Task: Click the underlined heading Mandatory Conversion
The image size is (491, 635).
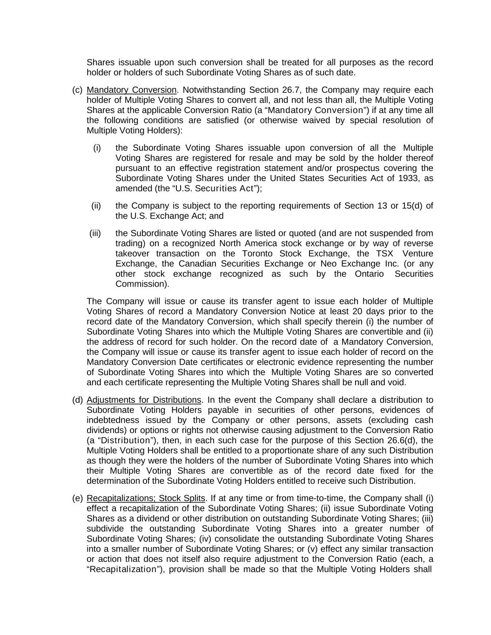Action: (x=132, y=90)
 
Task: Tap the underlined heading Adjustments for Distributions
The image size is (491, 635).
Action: (x=144, y=400)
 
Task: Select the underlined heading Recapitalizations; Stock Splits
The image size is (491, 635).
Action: (x=146, y=498)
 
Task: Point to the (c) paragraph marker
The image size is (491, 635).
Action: (x=77, y=90)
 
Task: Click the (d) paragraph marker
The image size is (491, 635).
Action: (x=77, y=400)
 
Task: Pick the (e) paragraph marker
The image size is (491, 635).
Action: (x=77, y=498)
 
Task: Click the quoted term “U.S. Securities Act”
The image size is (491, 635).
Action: (x=215, y=188)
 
